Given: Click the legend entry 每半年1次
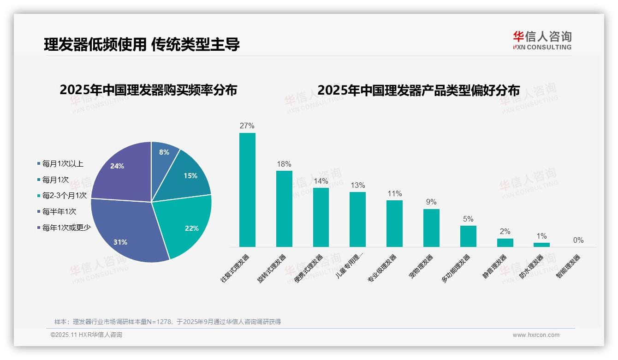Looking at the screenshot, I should (59, 211).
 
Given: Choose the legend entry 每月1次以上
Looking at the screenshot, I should (62, 163).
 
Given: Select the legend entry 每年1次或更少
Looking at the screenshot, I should (66, 227).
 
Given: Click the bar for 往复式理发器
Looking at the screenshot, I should (247, 190).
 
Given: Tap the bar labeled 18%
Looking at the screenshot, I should (284, 209).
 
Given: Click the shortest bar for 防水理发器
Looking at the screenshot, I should (541, 245).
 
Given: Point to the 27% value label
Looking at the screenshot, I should (247, 126).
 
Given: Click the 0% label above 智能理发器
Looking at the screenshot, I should (578, 240).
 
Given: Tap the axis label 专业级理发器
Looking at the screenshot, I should (382, 268).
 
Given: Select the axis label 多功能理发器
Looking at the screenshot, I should (456, 268).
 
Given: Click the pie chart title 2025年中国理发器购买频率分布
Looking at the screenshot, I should (148, 90).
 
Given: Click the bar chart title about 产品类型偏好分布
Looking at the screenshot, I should (418, 90).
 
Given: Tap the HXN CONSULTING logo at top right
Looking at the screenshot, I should (542, 41).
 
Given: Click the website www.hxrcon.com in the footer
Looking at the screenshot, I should (536, 335).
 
